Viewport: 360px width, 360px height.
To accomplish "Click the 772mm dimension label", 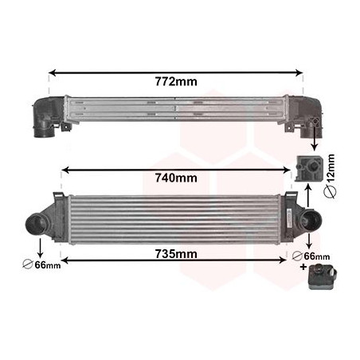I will point(177,81).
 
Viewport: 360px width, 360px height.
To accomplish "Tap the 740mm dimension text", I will point(176,178).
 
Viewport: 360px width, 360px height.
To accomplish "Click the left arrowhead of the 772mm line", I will point(53,72).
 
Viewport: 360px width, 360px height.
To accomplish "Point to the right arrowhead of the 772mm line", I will point(301,72).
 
